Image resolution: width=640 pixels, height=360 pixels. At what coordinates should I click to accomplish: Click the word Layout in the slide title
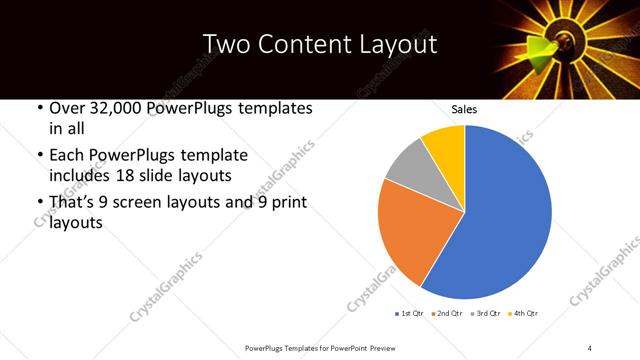click(x=394, y=44)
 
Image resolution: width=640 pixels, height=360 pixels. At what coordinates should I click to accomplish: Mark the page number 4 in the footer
click(x=590, y=347)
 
